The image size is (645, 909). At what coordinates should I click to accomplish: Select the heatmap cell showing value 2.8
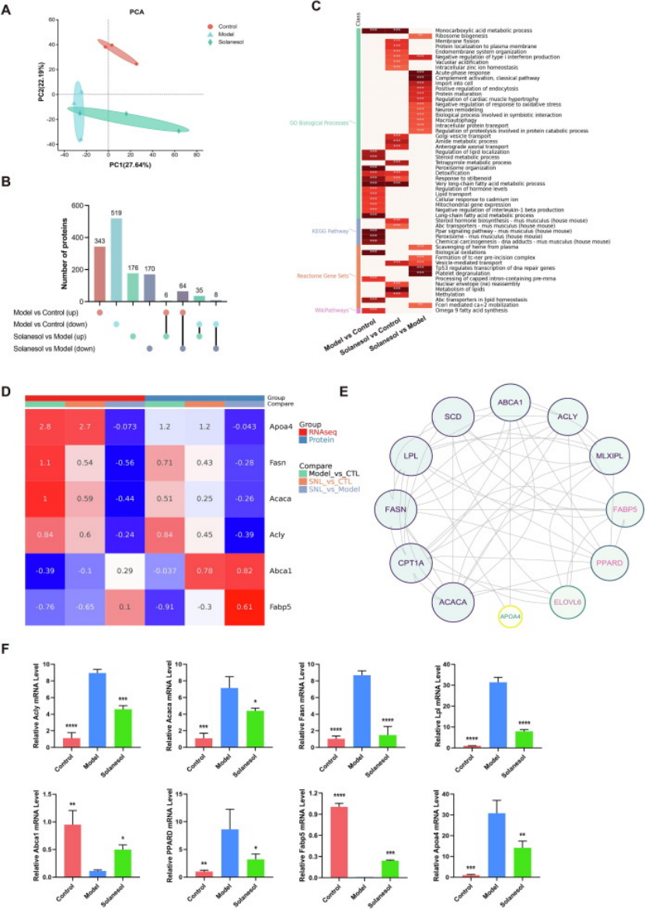click(x=44, y=427)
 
